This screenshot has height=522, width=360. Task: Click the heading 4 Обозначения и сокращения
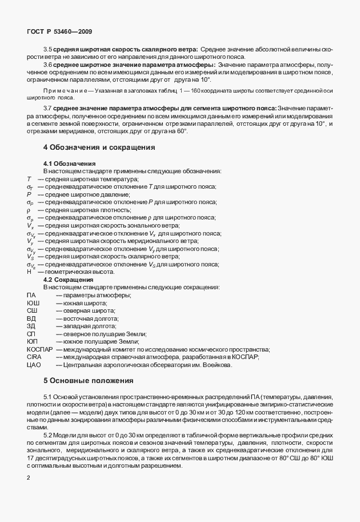click(99, 147)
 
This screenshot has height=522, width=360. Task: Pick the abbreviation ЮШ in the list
click(33, 302)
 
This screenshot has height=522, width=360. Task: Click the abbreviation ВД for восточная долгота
click(31, 318)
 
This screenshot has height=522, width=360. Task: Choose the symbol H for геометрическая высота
click(29, 272)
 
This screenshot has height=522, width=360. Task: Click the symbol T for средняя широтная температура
click(29, 180)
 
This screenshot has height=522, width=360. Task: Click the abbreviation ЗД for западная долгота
click(31, 326)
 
